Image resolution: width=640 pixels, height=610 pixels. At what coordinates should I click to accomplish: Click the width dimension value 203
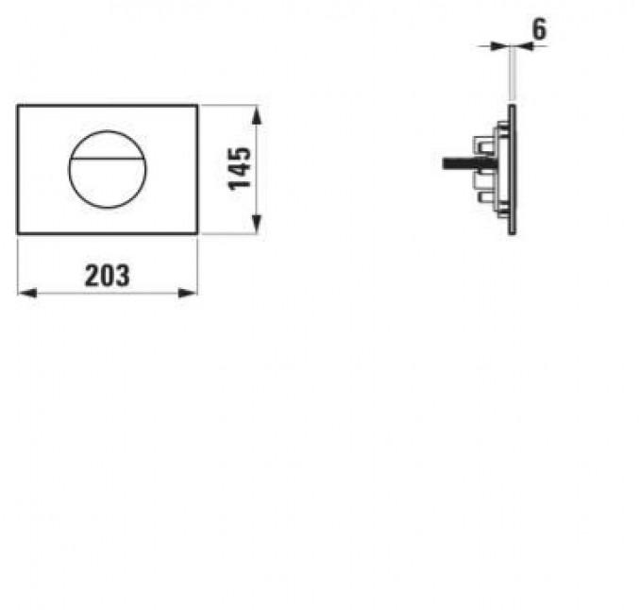107,276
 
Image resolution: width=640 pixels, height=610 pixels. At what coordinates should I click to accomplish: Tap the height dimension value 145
240,169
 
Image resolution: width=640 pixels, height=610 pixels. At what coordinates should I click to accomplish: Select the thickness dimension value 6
539,29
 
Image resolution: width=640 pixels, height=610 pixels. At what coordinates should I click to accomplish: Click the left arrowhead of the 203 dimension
27,293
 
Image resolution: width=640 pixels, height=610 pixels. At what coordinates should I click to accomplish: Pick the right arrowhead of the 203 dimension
188,293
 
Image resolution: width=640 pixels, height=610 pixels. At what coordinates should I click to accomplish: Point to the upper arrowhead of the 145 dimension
257,115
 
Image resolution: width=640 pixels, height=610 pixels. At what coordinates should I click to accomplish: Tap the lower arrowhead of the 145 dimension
257,225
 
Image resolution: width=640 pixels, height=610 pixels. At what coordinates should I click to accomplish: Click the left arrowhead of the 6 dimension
499,46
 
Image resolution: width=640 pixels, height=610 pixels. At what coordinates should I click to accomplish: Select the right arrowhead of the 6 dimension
525,46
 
